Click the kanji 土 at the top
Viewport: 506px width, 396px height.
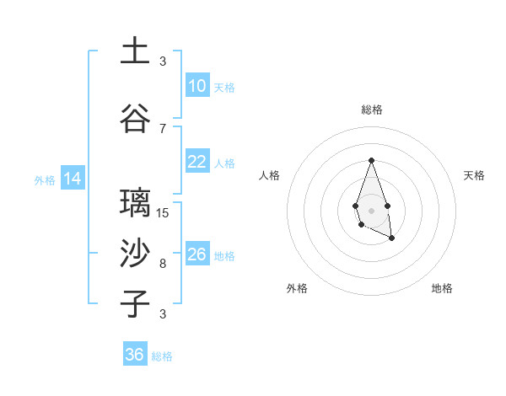135,51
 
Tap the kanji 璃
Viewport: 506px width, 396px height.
135,202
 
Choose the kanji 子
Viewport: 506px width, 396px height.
135,303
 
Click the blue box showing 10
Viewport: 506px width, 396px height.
197,86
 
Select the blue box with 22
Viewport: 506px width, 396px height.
197,162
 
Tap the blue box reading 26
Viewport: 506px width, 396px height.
197,254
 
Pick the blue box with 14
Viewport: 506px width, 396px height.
72,179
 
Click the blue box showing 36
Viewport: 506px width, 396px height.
135,355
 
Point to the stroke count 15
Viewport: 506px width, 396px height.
163,212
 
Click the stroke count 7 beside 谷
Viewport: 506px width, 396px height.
163,128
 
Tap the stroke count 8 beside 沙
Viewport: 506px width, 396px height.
163,264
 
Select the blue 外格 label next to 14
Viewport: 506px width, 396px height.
45,179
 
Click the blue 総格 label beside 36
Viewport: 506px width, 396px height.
162,356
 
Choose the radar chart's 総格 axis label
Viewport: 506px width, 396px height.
371,110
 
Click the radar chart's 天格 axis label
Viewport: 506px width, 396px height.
474,175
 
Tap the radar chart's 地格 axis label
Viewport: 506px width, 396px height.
442,288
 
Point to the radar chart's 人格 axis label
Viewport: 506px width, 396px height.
270,175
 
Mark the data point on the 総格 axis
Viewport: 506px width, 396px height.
371,160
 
